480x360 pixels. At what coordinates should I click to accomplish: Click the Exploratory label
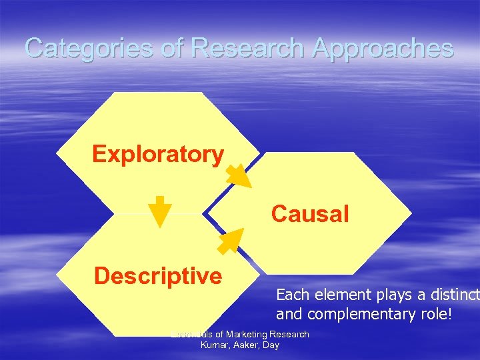[x=158, y=154]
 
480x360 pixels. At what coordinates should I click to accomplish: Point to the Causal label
[x=309, y=214]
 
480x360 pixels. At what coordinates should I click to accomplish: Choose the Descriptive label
[x=158, y=275]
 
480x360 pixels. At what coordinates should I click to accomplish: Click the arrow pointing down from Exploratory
[x=159, y=212]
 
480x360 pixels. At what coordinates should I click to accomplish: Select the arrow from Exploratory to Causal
[x=237, y=175]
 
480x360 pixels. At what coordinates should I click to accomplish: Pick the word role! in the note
[x=433, y=313]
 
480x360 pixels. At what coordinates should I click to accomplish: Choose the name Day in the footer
[x=271, y=345]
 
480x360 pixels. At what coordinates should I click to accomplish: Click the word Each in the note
[x=290, y=294]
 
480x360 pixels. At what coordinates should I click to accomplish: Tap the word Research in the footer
[x=288, y=334]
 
